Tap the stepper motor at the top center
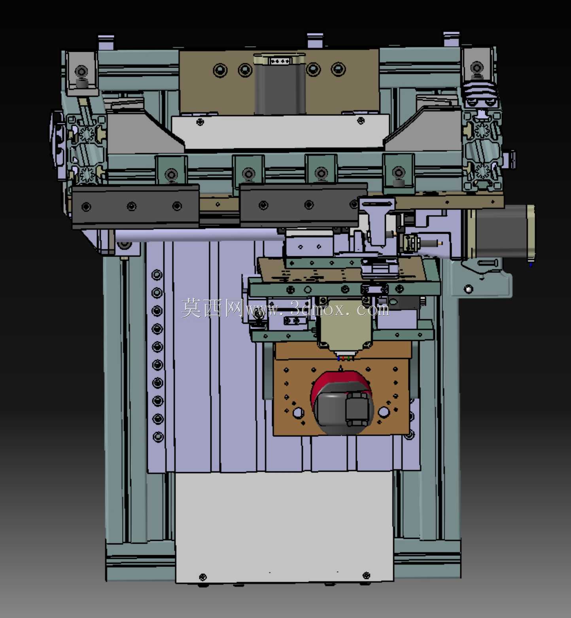coord(280,84)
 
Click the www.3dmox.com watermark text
coord(317,309)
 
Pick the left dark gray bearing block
coord(135,207)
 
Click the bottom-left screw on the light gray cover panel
coord(203,577)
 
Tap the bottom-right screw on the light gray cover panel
coord(366,575)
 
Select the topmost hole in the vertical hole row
coord(157,275)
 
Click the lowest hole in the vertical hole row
coord(158,437)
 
